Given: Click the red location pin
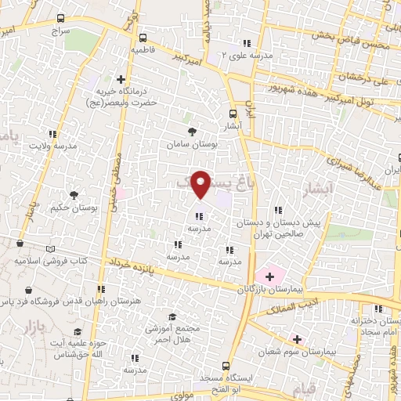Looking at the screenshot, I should pyautogui.click(x=202, y=183).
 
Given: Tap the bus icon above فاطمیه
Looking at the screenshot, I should pyautogui.click(x=143, y=37).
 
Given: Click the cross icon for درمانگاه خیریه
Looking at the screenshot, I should pyautogui.click(x=121, y=79).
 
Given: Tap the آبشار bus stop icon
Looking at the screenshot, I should pyautogui.click(x=231, y=113).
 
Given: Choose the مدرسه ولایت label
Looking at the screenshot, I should pyautogui.click(x=52, y=146).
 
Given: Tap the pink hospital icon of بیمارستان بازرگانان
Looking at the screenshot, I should pyautogui.click(x=269, y=276).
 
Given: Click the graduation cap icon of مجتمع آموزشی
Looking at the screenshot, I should pyautogui.click(x=172, y=317).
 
